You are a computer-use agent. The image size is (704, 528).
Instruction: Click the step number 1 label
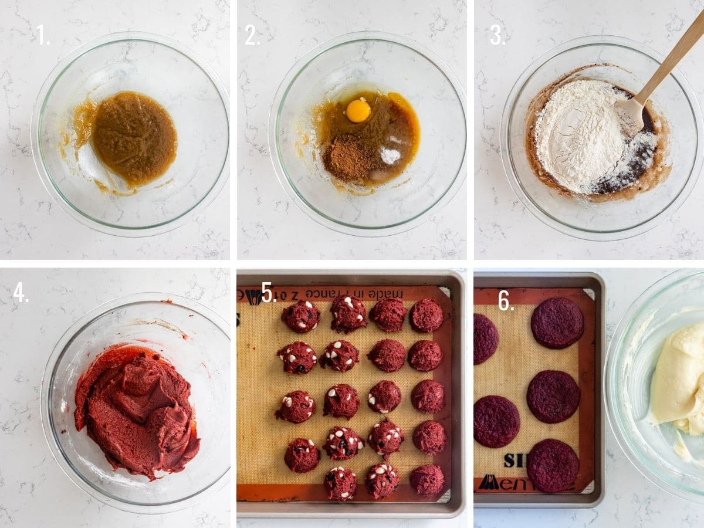point(42,36)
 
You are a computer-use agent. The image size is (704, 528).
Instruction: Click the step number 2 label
point(252,36)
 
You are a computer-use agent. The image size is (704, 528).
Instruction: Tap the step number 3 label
point(496,36)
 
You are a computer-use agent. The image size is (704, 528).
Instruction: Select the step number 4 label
point(20,293)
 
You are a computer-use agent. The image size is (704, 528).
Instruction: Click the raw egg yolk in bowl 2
point(358,110)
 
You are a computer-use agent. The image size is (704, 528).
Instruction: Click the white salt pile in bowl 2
point(390,155)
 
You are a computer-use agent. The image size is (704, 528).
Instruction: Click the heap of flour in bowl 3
point(578,135)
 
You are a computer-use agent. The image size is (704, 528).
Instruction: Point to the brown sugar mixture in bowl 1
point(134,138)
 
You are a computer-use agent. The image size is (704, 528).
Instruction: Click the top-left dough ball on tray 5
point(300,316)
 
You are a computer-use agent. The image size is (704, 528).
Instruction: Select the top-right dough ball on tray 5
point(426,316)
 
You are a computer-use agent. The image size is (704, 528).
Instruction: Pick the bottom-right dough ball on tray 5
point(427,480)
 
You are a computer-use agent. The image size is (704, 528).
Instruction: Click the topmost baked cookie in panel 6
point(557,323)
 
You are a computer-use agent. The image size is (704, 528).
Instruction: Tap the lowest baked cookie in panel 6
point(552,465)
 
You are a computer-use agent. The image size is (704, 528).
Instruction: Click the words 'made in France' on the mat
point(366,293)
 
